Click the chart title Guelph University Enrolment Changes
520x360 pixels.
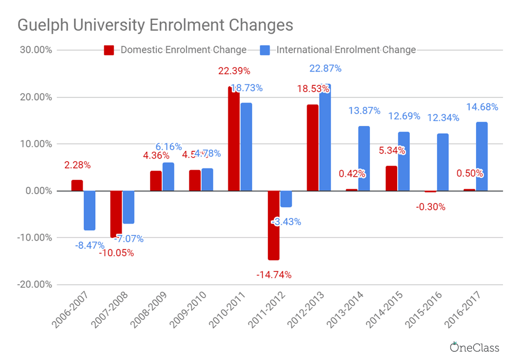pyautogui.click(x=155, y=25)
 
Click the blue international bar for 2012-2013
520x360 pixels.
pyautogui.click(x=325, y=138)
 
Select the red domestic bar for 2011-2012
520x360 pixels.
pyautogui.click(x=273, y=225)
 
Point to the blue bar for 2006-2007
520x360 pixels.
pyautogui.click(x=90, y=210)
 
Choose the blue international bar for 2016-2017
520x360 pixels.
pyautogui.click(x=481, y=157)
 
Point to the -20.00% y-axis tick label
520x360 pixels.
pyautogui.click(x=34, y=285)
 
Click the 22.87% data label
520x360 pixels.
pyautogui.click(x=325, y=69)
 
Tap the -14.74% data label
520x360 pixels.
pyautogui.click(x=273, y=275)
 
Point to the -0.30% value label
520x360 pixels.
pyautogui.click(x=430, y=207)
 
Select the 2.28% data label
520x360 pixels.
pyautogui.click(x=77, y=165)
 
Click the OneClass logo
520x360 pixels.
pyautogui.click(x=474, y=347)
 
